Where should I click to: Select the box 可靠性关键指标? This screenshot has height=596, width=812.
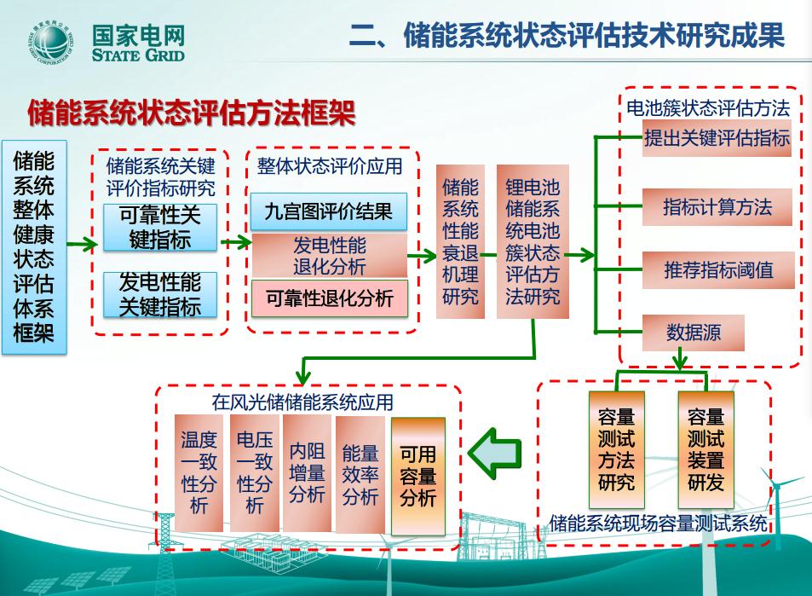pos(159,227)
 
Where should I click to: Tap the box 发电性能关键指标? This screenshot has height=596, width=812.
pos(159,294)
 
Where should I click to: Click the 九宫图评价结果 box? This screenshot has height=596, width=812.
pos(328,211)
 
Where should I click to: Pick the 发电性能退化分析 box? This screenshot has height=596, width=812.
pos(329,255)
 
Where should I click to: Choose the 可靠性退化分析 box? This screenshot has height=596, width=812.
pos(329,298)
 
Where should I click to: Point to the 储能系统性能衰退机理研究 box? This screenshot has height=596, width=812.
pos(460,242)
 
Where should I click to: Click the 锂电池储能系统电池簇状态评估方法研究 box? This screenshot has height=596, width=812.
pos(533,242)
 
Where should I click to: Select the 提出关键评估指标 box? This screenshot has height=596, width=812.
pos(717,138)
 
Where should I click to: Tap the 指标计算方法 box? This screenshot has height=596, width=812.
pos(717,206)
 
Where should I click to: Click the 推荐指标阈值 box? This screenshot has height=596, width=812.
pos(717,270)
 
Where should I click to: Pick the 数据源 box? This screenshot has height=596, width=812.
pos(693,333)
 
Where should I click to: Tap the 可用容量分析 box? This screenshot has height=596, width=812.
pos(418,475)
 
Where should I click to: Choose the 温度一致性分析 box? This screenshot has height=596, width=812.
pos(199,472)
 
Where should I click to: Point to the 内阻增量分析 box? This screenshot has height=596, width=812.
pos(307,472)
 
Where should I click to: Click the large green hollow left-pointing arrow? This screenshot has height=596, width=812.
pos(494,454)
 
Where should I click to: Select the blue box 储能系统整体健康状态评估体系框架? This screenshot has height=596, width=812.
pos(33,246)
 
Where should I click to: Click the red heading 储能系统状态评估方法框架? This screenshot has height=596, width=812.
pos(191,113)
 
